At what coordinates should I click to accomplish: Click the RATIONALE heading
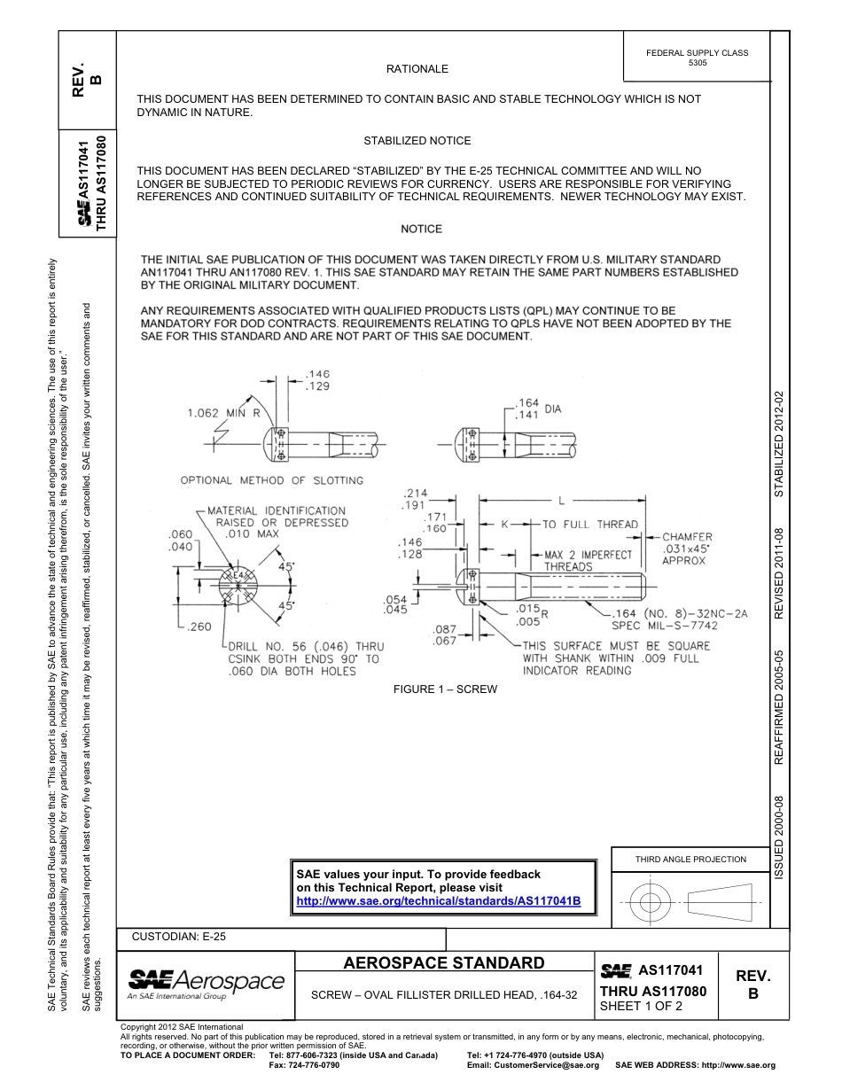click(417, 69)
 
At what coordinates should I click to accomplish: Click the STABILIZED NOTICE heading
click(417, 141)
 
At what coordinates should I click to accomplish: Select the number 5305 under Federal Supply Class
click(697, 64)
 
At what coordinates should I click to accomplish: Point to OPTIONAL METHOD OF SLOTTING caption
click(272, 480)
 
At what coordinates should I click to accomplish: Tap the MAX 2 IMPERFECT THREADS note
click(588, 560)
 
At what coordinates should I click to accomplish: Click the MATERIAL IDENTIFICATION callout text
click(277, 510)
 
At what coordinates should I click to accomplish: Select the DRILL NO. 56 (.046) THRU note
click(306, 646)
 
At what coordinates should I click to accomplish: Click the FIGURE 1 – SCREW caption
click(445, 689)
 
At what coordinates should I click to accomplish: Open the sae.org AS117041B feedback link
click(438, 900)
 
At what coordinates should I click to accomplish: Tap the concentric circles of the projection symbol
click(650, 903)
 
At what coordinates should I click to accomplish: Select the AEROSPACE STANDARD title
click(444, 963)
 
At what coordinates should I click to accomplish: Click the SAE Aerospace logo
click(206, 983)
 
